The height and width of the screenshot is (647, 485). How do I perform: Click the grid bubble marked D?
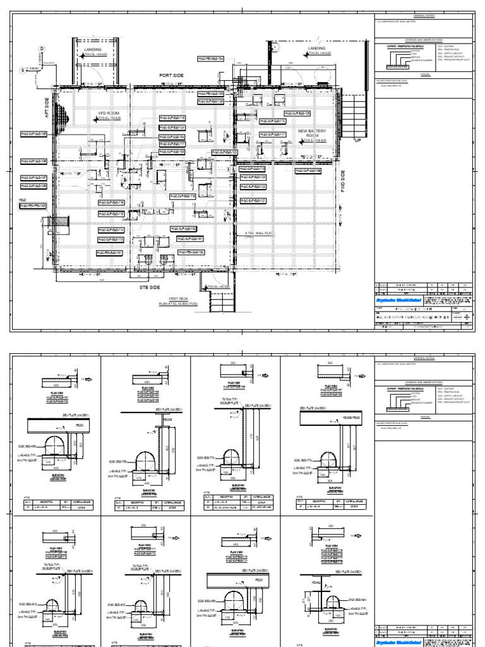click(42, 48)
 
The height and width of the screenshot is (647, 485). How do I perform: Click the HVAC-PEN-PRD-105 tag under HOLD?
click(33, 205)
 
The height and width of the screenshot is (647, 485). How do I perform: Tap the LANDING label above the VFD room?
click(93, 49)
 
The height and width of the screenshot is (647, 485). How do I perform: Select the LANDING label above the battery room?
click(316, 49)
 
